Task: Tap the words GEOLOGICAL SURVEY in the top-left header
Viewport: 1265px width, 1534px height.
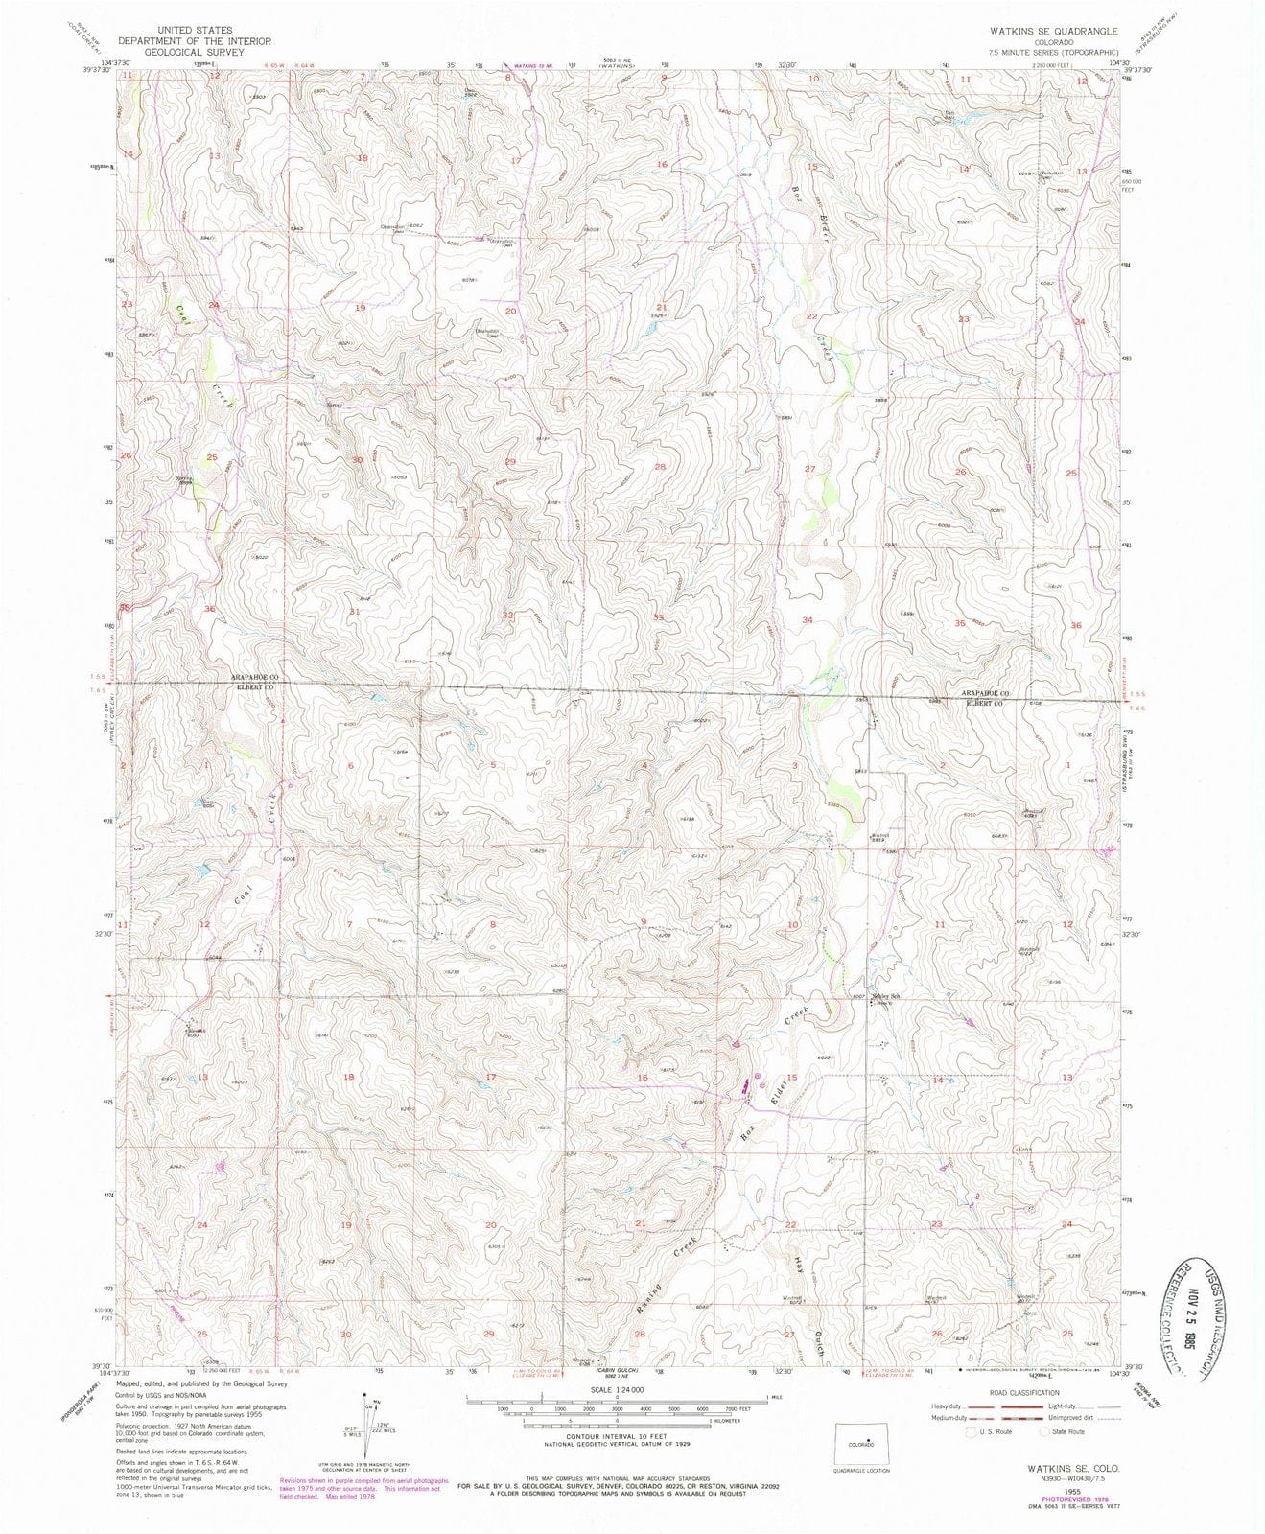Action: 195,52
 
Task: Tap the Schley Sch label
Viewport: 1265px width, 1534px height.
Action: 886,996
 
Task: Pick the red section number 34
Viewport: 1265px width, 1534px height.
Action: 808,620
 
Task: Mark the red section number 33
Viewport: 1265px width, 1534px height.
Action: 659,617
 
